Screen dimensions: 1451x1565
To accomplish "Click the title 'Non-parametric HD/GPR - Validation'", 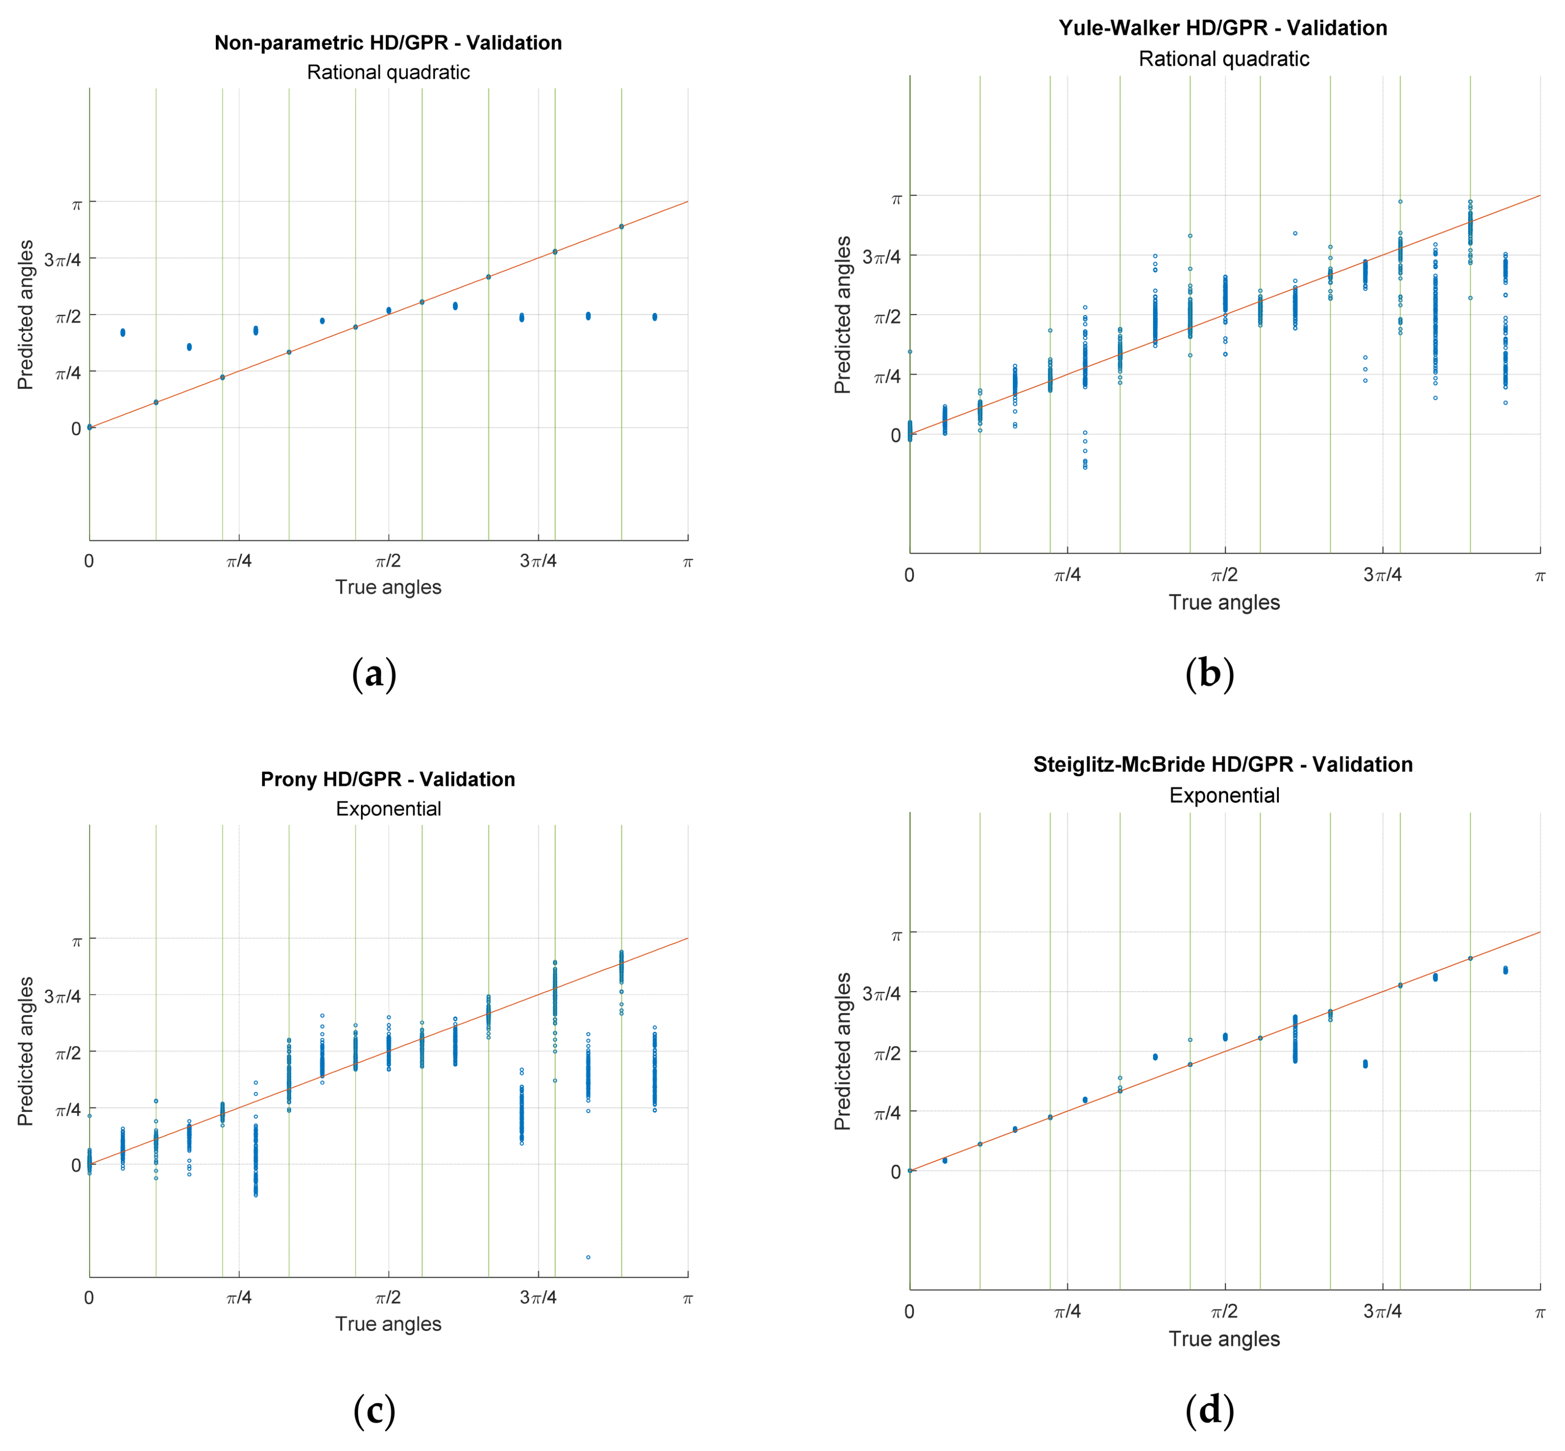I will click(388, 42).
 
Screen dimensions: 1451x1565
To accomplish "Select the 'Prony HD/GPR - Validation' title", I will click(388, 779).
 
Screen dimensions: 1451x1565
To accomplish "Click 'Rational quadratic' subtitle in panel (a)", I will click(388, 72).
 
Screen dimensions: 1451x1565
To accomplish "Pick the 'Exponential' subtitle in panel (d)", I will click(1223, 796).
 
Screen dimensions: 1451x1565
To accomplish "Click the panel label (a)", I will click(374, 674).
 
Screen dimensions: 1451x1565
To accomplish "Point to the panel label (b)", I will click(1210, 674).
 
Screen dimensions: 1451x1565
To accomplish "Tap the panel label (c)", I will click(374, 1411).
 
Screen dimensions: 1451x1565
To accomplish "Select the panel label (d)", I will click(1210, 1411).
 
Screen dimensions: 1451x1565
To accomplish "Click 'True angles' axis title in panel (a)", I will click(388, 587).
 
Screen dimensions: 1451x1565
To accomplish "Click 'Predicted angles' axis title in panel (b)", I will click(843, 314).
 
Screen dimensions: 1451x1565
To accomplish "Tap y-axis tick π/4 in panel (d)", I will click(887, 1113).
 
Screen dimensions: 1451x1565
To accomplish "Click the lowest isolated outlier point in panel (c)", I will click(588, 1257).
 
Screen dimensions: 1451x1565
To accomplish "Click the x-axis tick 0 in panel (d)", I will click(909, 1311).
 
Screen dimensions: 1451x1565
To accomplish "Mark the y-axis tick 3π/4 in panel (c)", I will click(63, 996).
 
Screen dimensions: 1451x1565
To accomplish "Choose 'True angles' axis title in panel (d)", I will click(1223, 1339).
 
